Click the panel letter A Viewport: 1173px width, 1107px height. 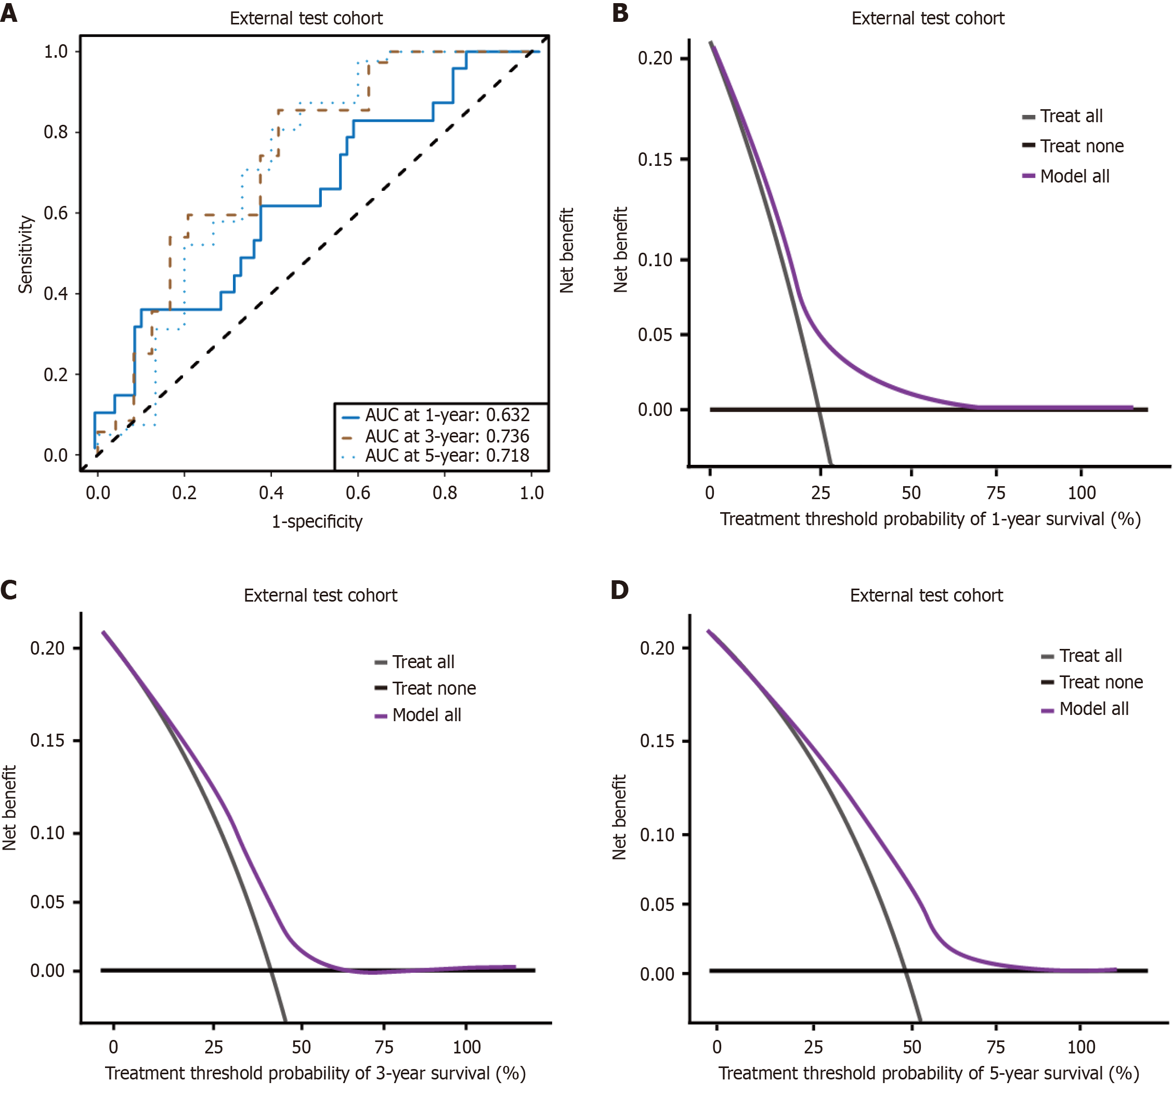(x=9, y=12)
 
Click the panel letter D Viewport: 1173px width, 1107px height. (x=620, y=590)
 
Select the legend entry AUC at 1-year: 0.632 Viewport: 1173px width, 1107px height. (x=447, y=415)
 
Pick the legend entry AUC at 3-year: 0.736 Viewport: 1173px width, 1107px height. (x=447, y=436)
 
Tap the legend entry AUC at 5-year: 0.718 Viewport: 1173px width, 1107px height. (x=447, y=455)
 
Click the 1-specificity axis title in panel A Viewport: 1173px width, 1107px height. (x=317, y=522)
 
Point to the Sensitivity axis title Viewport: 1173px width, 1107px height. (x=25, y=254)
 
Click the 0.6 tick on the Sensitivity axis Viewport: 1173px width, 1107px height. (x=56, y=213)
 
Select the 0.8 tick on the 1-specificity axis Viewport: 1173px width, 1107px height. (x=445, y=493)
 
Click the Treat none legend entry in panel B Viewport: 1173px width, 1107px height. (x=1081, y=146)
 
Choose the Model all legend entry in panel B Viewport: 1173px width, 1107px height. (x=1074, y=176)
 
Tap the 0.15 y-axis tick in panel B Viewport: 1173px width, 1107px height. (x=655, y=159)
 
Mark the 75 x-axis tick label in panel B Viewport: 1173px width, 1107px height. (x=996, y=493)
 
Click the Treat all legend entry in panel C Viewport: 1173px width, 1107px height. (x=423, y=662)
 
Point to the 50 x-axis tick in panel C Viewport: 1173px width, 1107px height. (x=301, y=1047)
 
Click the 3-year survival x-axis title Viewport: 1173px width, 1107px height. (x=315, y=1073)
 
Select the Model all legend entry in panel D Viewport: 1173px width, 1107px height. (x=1093, y=709)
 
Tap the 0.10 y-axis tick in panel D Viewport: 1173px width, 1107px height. (x=657, y=835)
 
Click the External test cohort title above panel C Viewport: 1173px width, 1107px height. (x=320, y=595)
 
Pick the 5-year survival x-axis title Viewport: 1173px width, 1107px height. (x=929, y=1073)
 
